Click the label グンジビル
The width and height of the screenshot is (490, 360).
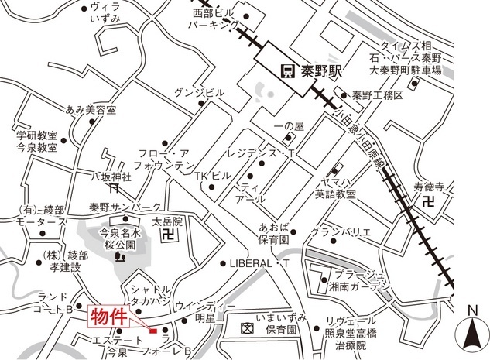[200, 91]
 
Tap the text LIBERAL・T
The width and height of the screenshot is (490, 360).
[259, 263]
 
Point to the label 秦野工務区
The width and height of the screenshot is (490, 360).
[378, 95]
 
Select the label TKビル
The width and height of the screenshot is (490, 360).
[209, 176]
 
